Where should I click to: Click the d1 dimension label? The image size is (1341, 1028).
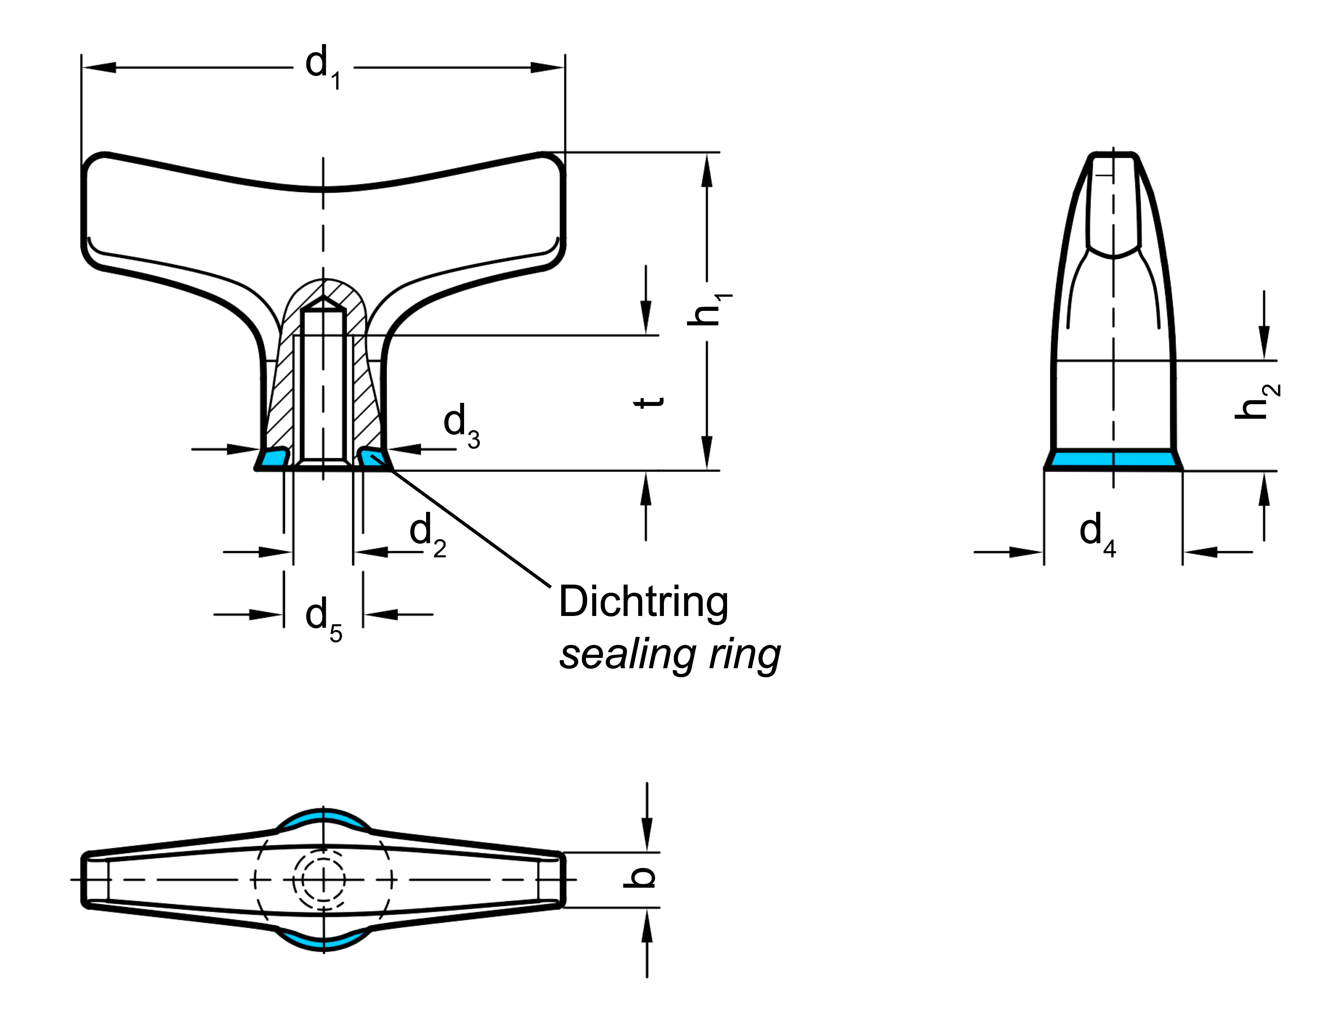point(323,67)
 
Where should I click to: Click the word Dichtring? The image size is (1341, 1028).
point(644,602)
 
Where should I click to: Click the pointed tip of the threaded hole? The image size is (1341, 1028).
point(324,298)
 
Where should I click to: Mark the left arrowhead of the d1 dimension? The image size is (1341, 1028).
point(98,67)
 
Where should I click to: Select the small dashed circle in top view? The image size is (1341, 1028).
point(319,880)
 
